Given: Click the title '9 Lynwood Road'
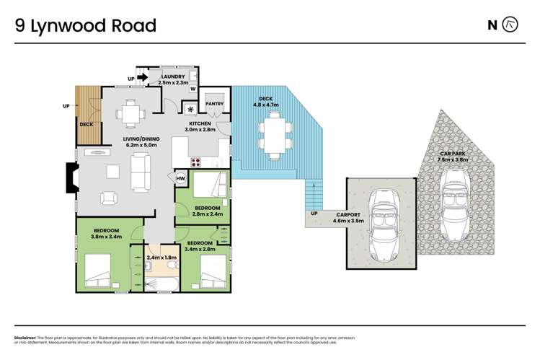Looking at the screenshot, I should [86, 26].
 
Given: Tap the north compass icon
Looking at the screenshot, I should [511, 25].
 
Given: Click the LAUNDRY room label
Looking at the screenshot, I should [173, 77].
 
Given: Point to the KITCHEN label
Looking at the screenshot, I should [200, 123].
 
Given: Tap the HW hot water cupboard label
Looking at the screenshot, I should [180, 179].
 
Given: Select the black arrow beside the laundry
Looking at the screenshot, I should [142, 78].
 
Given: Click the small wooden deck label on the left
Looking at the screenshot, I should [87, 125].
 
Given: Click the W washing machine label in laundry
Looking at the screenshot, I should [192, 89].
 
